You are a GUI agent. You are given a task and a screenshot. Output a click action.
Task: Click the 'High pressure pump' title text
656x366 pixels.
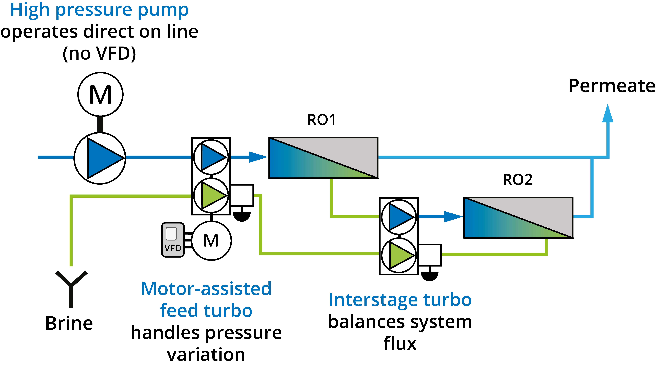click(x=99, y=10)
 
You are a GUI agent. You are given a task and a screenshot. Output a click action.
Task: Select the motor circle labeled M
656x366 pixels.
click(x=211, y=241)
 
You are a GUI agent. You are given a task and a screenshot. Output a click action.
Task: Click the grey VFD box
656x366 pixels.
click(x=173, y=240)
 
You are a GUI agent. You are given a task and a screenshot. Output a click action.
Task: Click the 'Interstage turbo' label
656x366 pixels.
click(x=400, y=300)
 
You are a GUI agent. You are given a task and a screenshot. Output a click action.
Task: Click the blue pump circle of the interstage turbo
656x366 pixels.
click(x=399, y=217)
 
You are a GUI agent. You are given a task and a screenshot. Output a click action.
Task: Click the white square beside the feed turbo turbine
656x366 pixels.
click(x=241, y=195)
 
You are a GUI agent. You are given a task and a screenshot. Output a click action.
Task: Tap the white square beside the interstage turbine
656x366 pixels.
click(x=429, y=255)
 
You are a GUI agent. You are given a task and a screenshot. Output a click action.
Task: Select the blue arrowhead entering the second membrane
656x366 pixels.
click(x=453, y=217)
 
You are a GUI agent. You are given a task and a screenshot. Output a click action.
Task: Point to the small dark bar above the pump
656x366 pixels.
click(x=100, y=124)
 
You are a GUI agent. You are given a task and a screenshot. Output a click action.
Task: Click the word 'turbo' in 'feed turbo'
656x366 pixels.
click(x=228, y=311)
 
